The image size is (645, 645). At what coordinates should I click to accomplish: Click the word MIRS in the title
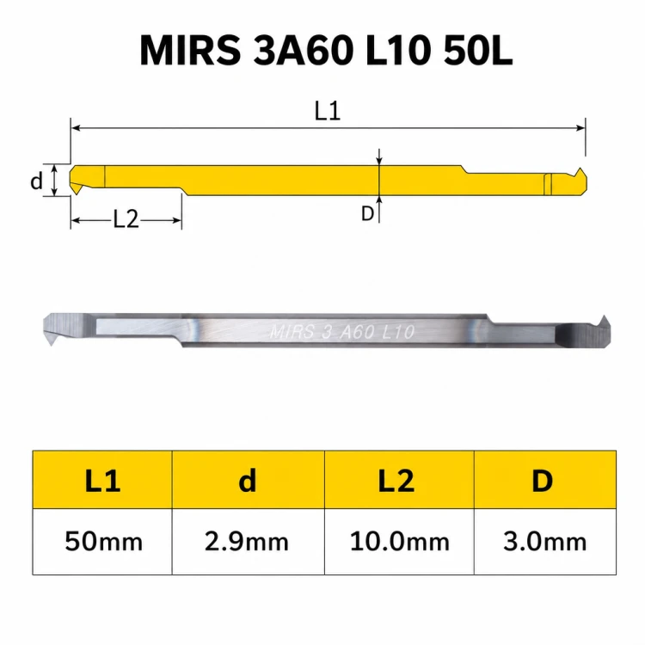[x=190, y=51]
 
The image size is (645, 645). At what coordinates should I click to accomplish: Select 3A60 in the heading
[x=304, y=51]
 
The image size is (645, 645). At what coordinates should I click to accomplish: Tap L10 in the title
[x=398, y=51]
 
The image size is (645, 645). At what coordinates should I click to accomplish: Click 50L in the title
[x=477, y=51]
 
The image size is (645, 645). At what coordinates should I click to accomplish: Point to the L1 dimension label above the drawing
[x=328, y=111]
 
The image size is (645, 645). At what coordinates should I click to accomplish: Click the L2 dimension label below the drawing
[x=126, y=219]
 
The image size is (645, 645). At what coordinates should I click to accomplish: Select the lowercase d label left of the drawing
[x=37, y=181]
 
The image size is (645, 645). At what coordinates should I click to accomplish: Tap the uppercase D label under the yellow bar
[x=367, y=213]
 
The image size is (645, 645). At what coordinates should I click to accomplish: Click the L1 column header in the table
[x=102, y=481]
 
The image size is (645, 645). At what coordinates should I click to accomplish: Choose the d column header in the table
[x=248, y=480]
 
